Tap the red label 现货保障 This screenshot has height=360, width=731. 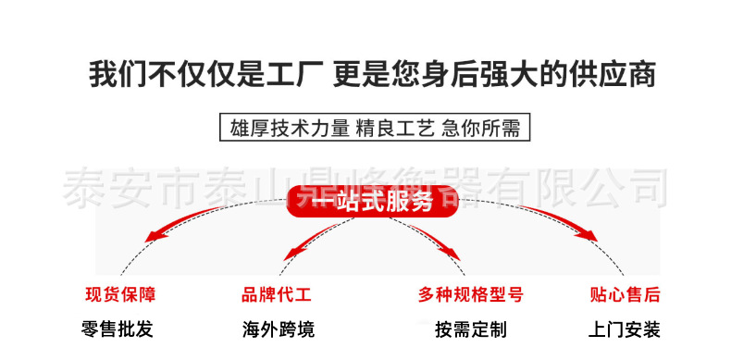tap(120, 295)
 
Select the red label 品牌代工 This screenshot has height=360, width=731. tap(277, 295)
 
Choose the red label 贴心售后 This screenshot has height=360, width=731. tap(625, 295)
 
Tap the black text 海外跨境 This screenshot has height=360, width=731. tap(278, 329)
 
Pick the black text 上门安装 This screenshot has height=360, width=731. tap(625, 329)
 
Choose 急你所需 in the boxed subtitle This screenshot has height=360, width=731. tap(481, 128)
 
